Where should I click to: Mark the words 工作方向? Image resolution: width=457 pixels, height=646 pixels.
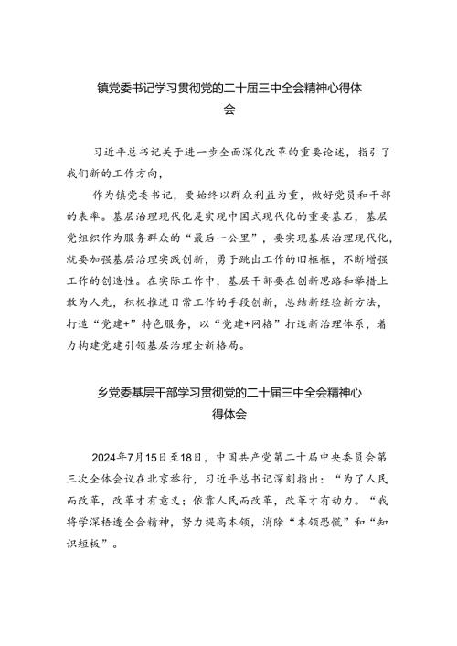[x=133, y=170]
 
